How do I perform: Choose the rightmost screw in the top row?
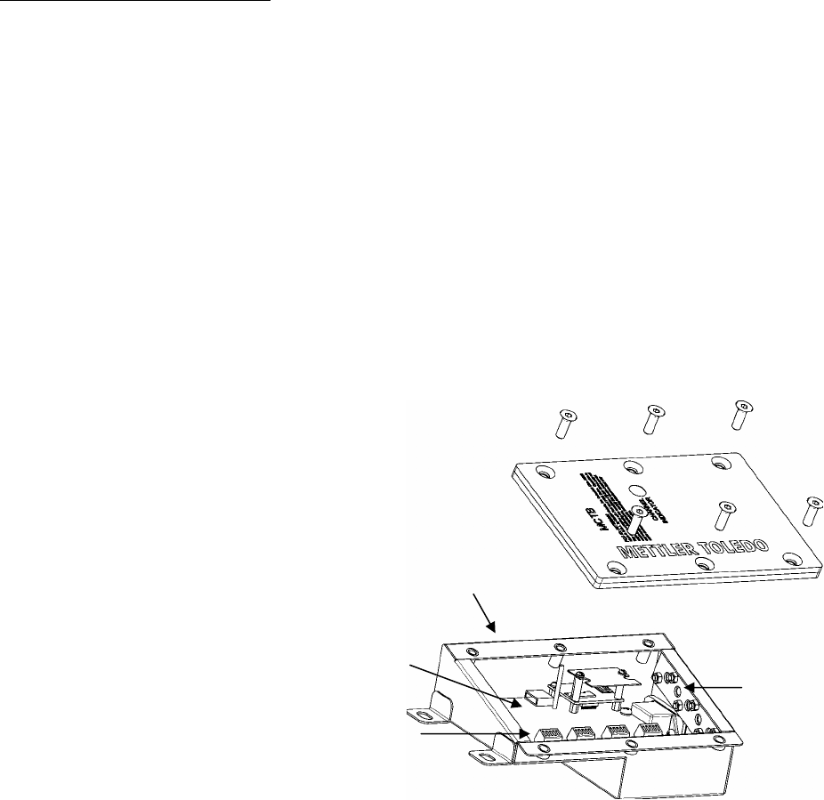(739, 415)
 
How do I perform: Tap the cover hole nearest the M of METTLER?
(627, 566)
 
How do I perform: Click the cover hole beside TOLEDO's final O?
(791, 558)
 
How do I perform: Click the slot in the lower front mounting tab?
(483, 758)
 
